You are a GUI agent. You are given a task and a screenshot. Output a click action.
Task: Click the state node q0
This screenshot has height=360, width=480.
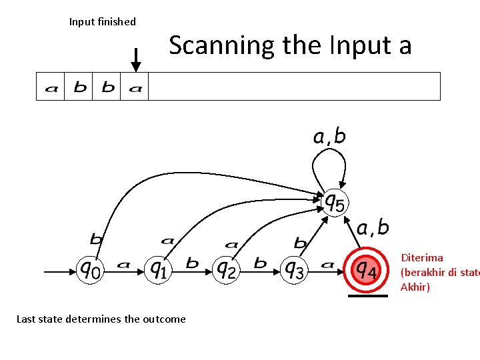(x=91, y=270)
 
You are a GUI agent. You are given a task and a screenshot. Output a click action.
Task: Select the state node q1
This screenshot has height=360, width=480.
(x=158, y=269)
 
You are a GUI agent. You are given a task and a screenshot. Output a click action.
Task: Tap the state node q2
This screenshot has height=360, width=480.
(x=227, y=270)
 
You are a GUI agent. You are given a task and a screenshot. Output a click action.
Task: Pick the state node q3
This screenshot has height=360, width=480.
(x=294, y=270)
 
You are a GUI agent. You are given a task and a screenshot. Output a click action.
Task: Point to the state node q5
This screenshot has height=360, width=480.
(x=334, y=201)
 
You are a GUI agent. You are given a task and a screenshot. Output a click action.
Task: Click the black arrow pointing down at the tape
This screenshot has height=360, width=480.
(x=136, y=60)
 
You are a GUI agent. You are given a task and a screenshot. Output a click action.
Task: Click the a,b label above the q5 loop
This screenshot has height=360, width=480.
(x=329, y=137)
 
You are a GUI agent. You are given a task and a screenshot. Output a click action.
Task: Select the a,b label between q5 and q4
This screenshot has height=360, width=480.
(x=373, y=228)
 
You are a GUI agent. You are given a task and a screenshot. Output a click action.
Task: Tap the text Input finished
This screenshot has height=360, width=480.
(x=103, y=22)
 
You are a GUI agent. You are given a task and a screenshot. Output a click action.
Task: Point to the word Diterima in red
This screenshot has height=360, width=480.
(x=421, y=257)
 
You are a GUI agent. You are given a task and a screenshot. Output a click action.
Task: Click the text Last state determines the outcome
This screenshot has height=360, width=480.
(x=101, y=319)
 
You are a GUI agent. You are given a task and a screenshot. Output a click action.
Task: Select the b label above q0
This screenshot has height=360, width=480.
(x=97, y=239)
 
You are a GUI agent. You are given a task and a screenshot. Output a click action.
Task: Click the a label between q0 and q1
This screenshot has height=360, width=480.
(x=123, y=265)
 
